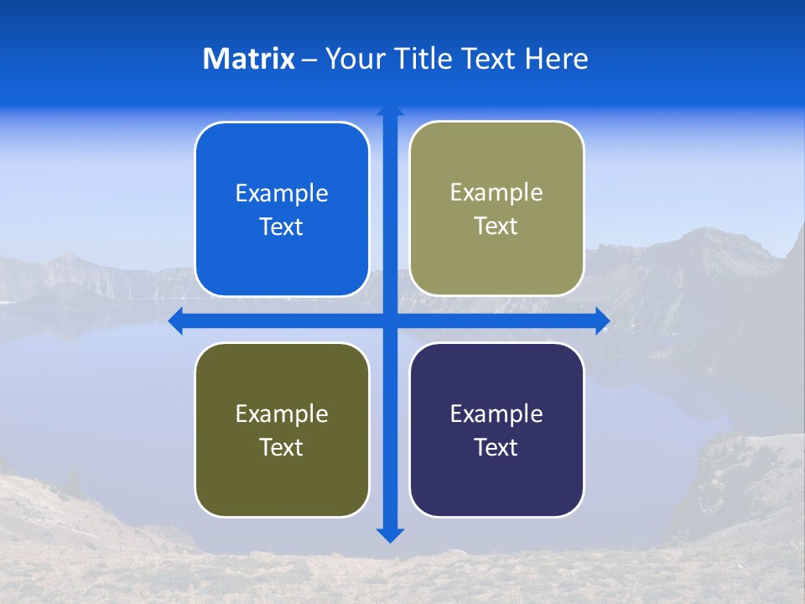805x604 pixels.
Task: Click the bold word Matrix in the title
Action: [x=249, y=59]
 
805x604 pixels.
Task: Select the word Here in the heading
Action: [x=557, y=59]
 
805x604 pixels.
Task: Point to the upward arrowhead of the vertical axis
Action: [x=390, y=110]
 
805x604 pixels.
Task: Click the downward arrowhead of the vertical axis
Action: [x=390, y=535]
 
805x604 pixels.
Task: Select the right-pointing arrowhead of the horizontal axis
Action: [x=602, y=320]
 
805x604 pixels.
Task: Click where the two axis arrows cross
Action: [x=390, y=320]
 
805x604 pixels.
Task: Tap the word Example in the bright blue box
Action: [x=282, y=194]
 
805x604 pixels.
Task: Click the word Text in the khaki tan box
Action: [x=496, y=226]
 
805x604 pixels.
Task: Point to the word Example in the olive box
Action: [x=282, y=414]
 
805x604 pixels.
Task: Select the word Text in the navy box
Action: [x=496, y=447]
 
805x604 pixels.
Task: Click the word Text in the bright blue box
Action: [x=282, y=227]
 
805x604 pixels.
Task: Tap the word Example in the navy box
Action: [x=496, y=414]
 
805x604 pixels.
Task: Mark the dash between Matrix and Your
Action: [x=309, y=60]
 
